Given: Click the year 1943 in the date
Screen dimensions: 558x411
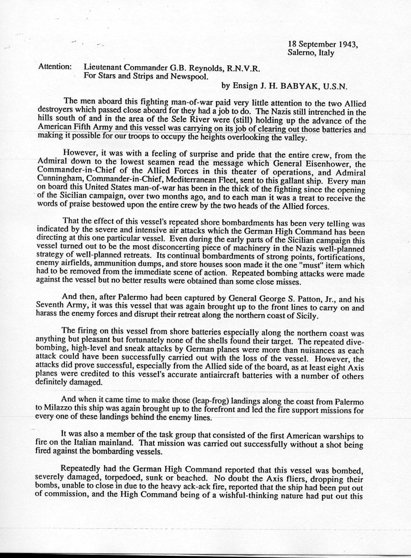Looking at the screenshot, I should coord(348,44).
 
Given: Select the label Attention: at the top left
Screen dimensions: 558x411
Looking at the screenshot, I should coord(55,67).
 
